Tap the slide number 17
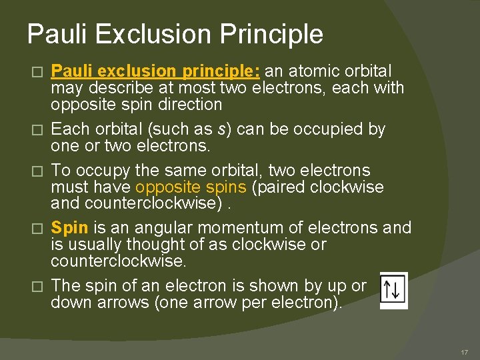pos(465,352)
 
